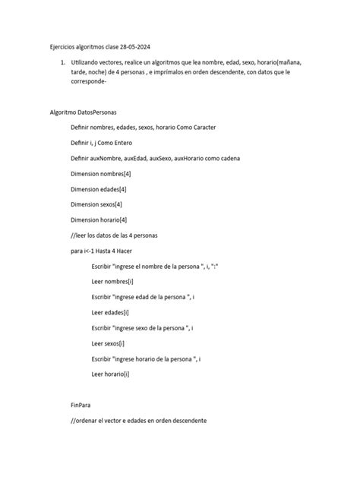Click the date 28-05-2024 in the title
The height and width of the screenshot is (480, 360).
[137, 46]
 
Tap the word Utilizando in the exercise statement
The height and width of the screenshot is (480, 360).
[88, 62]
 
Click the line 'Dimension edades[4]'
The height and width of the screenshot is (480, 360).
[99, 189]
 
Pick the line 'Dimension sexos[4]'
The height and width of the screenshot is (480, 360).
[96, 204]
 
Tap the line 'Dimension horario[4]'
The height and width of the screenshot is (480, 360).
[99, 220]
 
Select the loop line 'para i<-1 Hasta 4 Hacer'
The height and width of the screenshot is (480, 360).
[105, 251]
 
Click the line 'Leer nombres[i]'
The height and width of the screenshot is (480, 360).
[112, 282]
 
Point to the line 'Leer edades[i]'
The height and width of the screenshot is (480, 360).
[110, 312]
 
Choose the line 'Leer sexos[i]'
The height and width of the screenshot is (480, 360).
[108, 343]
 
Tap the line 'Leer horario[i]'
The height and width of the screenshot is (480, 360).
[110, 374]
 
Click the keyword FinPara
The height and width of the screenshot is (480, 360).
[81, 405]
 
